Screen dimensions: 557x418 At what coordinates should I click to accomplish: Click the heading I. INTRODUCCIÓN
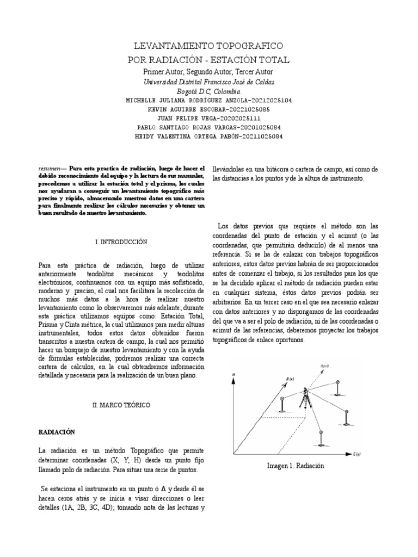tap(121, 241)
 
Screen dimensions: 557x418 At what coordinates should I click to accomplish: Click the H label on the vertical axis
tap(233, 375)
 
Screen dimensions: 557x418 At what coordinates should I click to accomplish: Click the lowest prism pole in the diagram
tap(321, 437)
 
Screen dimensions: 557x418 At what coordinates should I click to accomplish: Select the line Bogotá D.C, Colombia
tap(209, 91)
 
